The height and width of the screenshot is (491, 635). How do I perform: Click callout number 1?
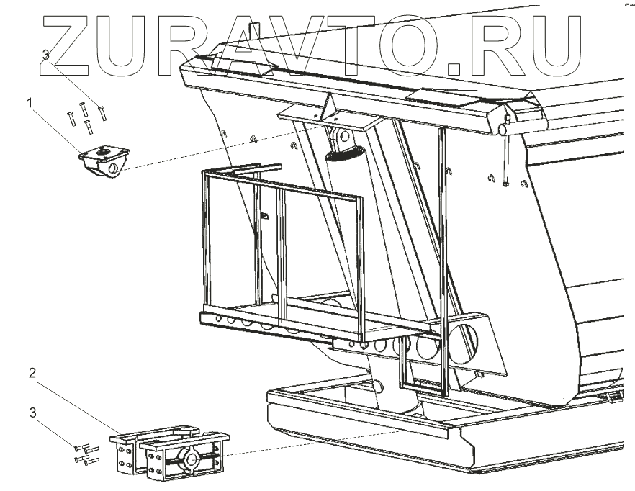30,103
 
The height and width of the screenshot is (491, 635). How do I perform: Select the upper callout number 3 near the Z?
46,55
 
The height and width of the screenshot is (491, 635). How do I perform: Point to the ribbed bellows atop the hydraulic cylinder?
344,153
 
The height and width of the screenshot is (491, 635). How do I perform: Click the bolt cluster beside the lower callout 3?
84,454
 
